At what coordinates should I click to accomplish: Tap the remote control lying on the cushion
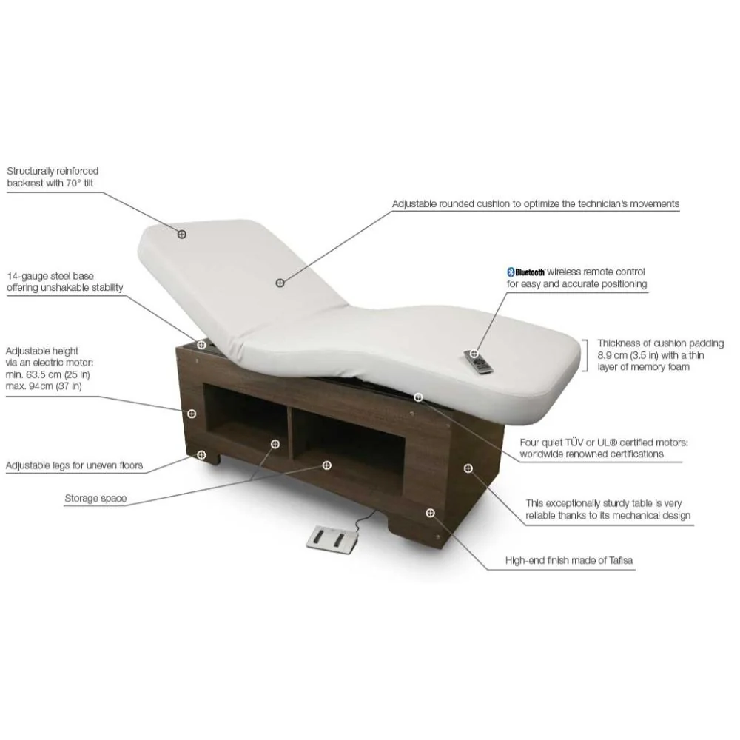(479, 363)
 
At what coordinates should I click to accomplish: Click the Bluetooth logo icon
(510, 272)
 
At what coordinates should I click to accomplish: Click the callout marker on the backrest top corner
(182, 234)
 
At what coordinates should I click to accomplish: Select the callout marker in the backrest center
(280, 283)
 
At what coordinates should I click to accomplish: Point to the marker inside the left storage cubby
(275, 444)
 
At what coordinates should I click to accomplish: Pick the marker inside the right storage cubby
(326, 465)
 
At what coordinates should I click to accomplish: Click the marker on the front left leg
(201, 455)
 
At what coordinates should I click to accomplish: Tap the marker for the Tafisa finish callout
(430, 513)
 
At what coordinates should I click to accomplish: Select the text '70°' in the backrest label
(73, 183)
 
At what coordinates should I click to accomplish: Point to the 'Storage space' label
(95, 498)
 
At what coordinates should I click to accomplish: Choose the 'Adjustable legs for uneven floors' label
(74, 465)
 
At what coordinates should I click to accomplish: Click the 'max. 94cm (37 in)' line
(44, 386)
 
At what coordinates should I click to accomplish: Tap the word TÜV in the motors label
(574, 443)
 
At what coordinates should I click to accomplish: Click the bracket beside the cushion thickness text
(585, 355)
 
